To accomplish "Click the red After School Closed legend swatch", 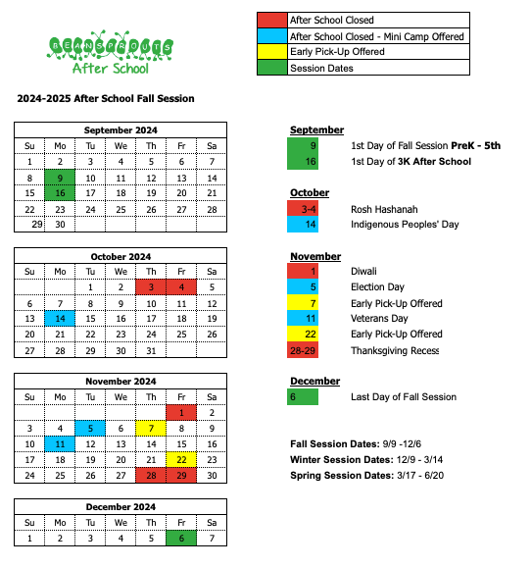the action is pyautogui.click(x=270, y=20).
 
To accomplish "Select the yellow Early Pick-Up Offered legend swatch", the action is pyautogui.click(x=270, y=52).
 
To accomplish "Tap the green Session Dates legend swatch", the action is pyautogui.click(x=270, y=68).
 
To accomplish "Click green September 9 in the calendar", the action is pyautogui.click(x=60, y=178).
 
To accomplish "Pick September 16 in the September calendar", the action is pyautogui.click(x=60, y=193).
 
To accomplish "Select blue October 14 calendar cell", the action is pyautogui.click(x=60, y=319).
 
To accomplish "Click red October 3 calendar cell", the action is pyautogui.click(x=151, y=287).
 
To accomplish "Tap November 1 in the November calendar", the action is pyautogui.click(x=181, y=413).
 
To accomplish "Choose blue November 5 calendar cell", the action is pyautogui.click(x=90, y=429).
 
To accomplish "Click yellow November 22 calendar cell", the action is pyautogui.click(x=181, y=460).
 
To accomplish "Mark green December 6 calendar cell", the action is pyautogui.click(x=181, y=539).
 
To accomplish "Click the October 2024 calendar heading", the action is pyautogui.click(x=121, y=256).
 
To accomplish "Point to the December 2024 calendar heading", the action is pyautogui.click(x=121, y=507).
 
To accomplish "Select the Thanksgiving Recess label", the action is pyautogui.click(x=395, y=350).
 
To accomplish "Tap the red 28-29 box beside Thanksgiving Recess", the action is pyautogui.click(x=303, y=350).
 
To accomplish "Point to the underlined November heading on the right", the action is pyautogui.click(x=315, y=256).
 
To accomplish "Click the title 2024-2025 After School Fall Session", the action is pyautogui.click(x=106, y=99).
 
